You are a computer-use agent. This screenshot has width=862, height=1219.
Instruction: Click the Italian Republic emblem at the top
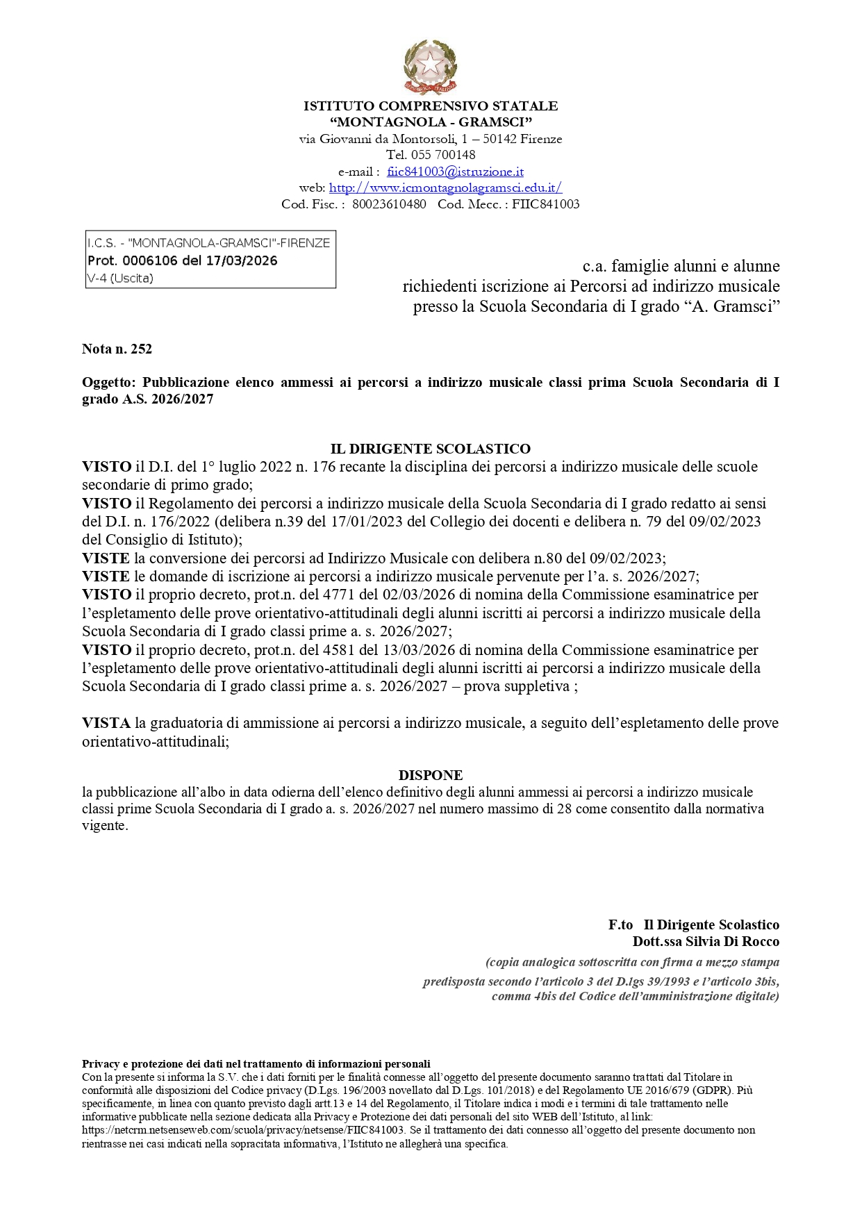click(x=431, y=67)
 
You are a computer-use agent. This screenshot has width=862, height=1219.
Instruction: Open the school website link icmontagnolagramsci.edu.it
click(x=445, y=188)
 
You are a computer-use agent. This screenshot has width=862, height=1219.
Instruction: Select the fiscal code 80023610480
click(x=389, y=204)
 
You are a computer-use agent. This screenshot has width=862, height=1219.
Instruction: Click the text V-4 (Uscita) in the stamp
click(x=120, y=279)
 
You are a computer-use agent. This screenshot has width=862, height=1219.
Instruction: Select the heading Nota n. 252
click(x=117, y=349)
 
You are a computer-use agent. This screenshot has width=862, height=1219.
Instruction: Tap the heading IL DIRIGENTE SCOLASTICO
click(x=431, y=449)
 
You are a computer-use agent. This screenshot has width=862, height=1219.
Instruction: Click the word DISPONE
click(x=431, y=775)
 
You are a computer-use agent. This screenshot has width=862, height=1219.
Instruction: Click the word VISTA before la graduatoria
click(x=106, y=723)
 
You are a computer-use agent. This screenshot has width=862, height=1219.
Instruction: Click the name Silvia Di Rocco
click(x=732, y=942)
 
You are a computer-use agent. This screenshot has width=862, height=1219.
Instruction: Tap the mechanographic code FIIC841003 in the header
click(x=545, y=204)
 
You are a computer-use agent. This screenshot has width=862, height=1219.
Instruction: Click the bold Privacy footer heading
click(x=256, y=1063)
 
